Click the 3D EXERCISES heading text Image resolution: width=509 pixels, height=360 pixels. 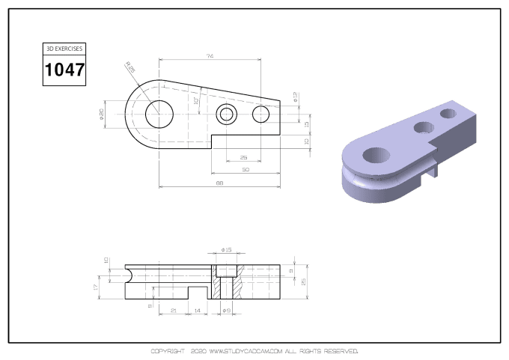pyautogui.click(x=64, y=48)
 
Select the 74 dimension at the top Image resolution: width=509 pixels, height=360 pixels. pyautogui.click(x=210, y=57)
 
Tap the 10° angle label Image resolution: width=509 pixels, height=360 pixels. pyautogui.click(x=196, y=101)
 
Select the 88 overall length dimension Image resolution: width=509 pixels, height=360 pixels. pyautogui.click(x=220, y=183)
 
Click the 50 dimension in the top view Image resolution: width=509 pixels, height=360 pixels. pyautogui.click(x=245, y=170)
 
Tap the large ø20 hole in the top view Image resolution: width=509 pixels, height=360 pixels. pyautogui.click(x=159, y=114)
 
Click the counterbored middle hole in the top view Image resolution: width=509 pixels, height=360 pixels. pyautogui.click(x=227, y=115)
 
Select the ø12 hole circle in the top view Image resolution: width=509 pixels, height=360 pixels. pyautogui.click(x=260, y=115)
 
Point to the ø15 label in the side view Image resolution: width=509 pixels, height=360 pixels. pyautogui.click(x=227, y=250)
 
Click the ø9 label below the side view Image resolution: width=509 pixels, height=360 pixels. pyautogui.click(x=227, y=310)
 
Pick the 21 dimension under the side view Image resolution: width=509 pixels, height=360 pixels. pyautogui.click(x=174, y=310)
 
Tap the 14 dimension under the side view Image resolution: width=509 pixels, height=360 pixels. pyautogui.click(x=198, y=310)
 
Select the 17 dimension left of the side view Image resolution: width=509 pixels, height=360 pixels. pyautogui.click(x=96, y=287)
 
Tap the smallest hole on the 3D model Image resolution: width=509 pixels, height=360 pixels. pyautogui.click(x=450, y=113)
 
